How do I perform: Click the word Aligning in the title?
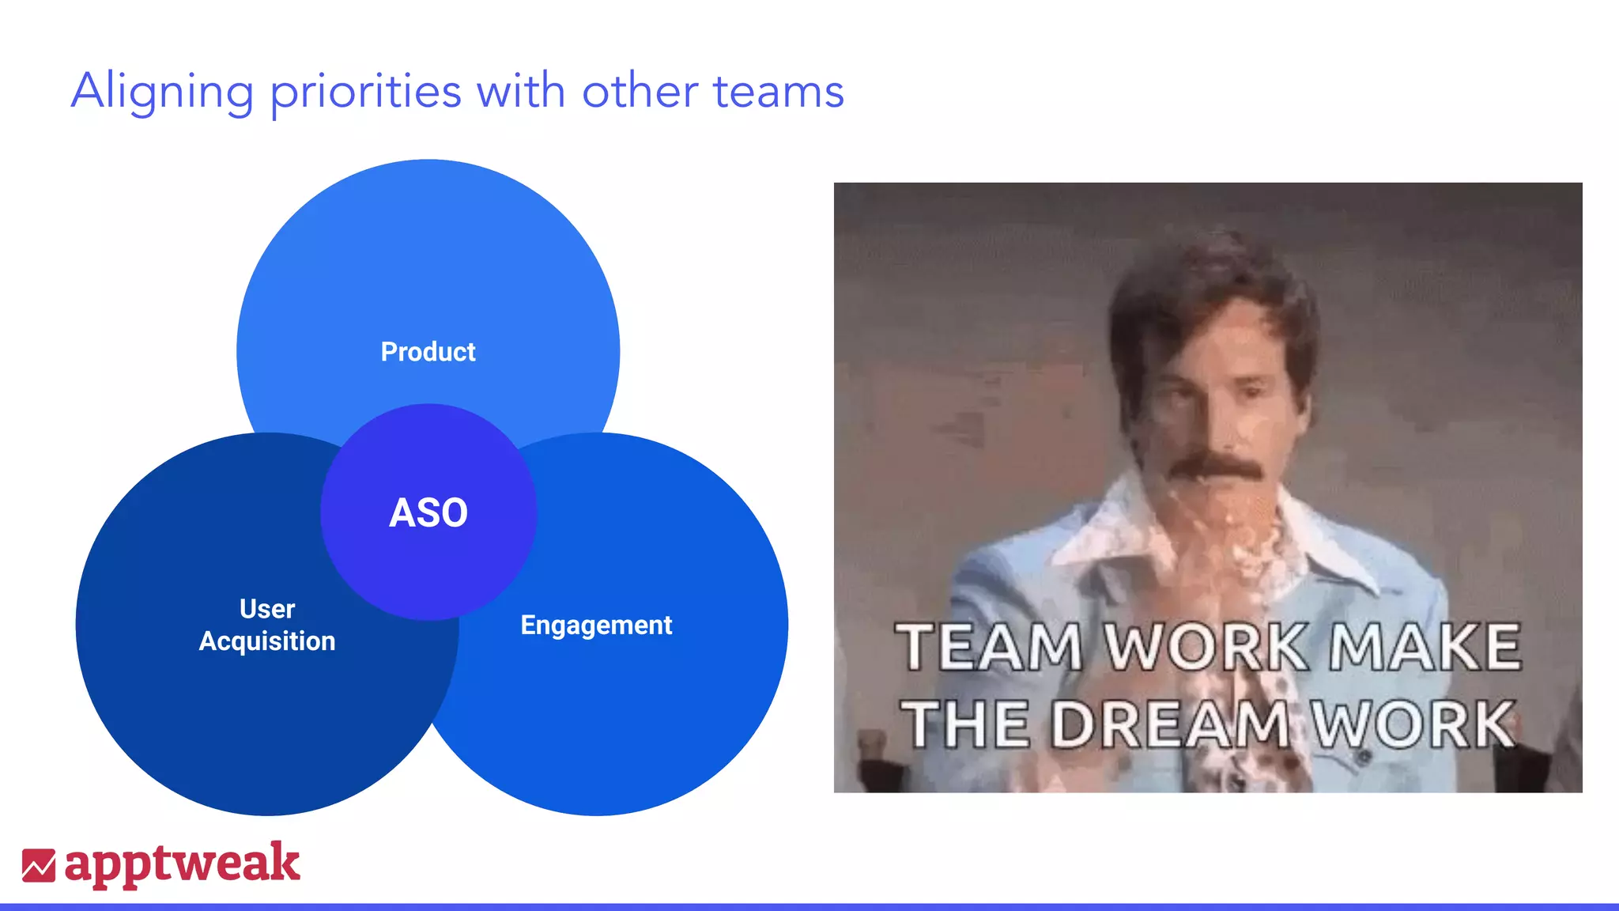pyautogui.click(x=162, y=93)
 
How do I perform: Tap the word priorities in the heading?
pyautogui.click(x=365, y=93)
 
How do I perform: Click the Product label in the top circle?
pyautogui.click(x=428, y=352)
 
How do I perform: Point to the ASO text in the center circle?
pyautogui.click(x=428, y=512)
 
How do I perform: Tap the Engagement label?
pyautogui.click(x=596, y=626)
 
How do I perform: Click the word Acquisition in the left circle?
pyautogui.click(x=267, y=641)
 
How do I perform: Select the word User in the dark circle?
pyautogui.click(x=267, y=609)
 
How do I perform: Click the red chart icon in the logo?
pyautogui.click(x=38, y=866)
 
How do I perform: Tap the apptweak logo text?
pyautogui.click(x=182, y=864)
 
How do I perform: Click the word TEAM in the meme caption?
pyautogui.click(x=988, y=647)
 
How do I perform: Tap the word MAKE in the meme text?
pyautogui.click(x=1425, y=647)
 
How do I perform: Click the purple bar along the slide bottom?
pyautogui.click(x=809, y=906)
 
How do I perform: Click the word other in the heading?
pyautogui.click(x=640, y=92)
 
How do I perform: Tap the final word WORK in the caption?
pyautogui.click(x=1413, y=724)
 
